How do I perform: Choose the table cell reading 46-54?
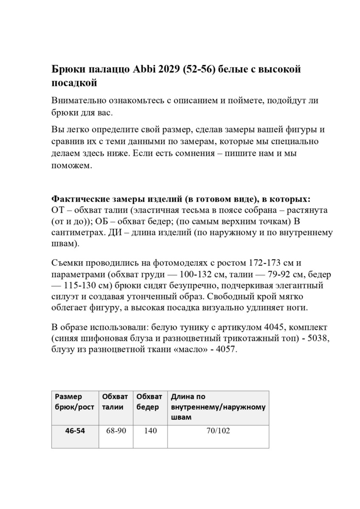point(75,431)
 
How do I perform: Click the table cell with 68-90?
point(115,431)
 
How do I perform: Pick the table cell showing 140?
point(150,431)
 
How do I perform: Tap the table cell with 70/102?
point(218,431)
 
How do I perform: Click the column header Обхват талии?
point(115,402)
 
